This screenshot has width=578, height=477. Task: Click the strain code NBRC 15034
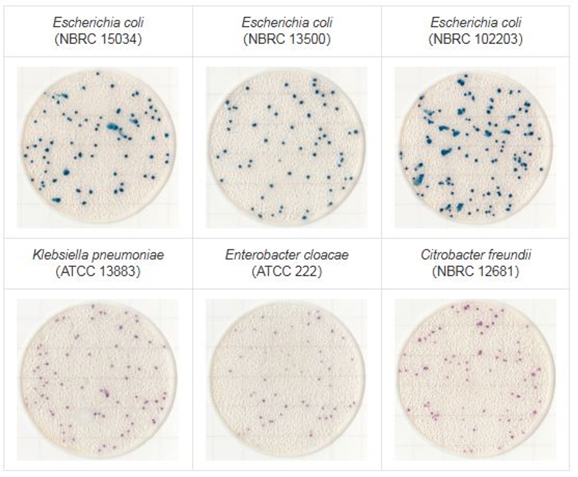coord(98,39)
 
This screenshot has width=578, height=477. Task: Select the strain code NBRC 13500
coord(287,39)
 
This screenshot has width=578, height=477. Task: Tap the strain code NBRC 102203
coord(476,39)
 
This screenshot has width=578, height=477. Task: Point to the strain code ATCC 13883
coord(98,271)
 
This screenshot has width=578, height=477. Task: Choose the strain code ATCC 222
coord(287,271)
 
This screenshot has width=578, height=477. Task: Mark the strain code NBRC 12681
coord(476,271)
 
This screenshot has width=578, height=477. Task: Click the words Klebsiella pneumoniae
coord(98,255)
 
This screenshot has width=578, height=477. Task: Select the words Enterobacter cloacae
coord(287,255)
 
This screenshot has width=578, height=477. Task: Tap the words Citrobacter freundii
coord(476,255)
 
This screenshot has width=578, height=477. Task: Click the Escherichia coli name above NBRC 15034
coord(98,23)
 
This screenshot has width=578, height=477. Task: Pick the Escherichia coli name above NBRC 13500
coord(287,23)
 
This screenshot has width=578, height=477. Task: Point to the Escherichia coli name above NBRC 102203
coord(476,23)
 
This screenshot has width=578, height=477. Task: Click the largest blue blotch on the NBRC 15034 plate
coord(114,127)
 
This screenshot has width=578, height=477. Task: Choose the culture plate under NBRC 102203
coord(476,147)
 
